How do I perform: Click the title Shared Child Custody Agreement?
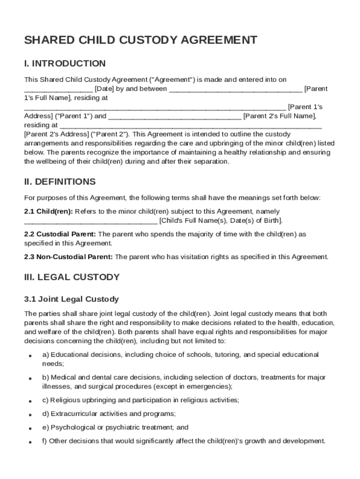pos(140,40)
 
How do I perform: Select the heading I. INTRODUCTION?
pos(65,64)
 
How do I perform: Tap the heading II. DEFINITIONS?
pos(60,181)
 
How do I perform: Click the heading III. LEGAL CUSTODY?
pos(72,277)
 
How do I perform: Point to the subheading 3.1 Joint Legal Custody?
pos(72,299)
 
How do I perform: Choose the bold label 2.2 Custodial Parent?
pos(60,234)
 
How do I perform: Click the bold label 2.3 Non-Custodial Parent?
pos(68,257)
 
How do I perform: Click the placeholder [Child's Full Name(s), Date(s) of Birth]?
pos(221,220)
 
